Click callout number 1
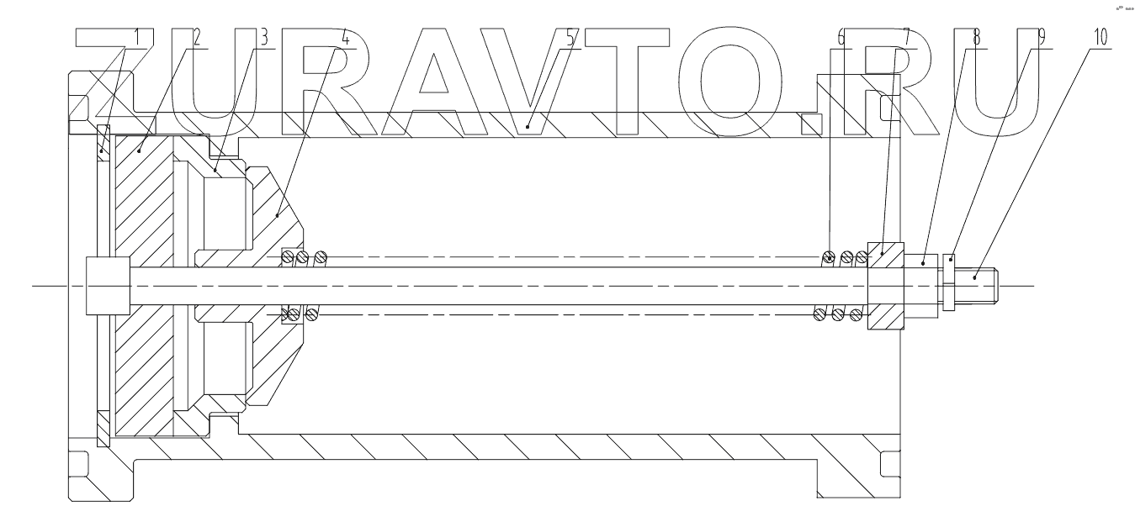point(138,38)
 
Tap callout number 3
point(263,38)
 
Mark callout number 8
point(974,38)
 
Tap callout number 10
point(1100,38)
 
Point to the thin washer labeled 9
point(950,282)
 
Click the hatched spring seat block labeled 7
point(884,286)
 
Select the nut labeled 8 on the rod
point(922,287)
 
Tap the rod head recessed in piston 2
point(107,287)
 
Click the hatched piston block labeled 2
point(143,210)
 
